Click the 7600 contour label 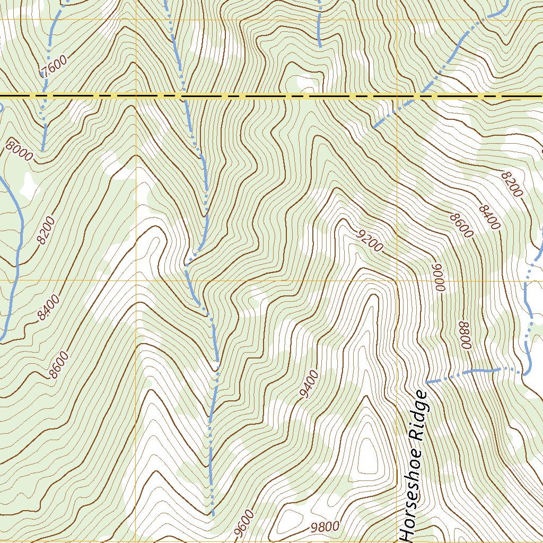coord(54,67)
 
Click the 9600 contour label coord(244,523)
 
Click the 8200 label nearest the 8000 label coord(46,231)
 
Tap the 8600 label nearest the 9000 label coord(460,225)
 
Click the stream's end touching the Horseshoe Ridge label coord(427,381)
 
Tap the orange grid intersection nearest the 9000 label coord(397,280)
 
